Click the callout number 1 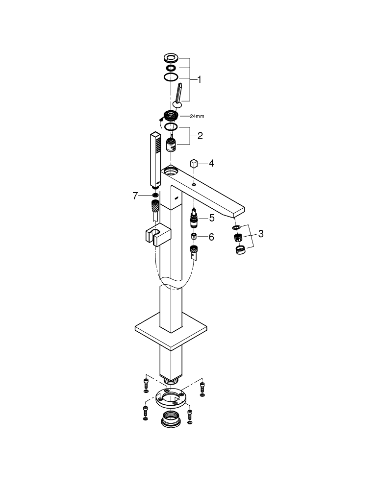(200, 78)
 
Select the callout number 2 (200, 136)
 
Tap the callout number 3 (261, 234)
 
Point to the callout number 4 (211, 163)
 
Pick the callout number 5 (212, 217)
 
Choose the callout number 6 (211, 237)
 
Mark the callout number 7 (136, 196)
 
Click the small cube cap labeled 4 (194, 163)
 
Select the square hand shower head (155, 159)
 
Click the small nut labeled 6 (194, 237)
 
